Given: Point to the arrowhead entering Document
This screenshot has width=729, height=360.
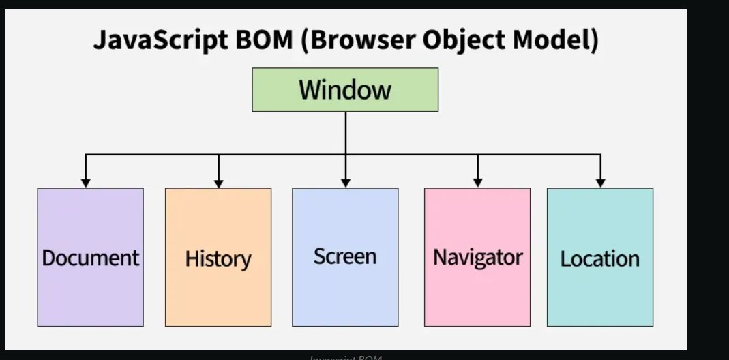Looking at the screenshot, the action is tap(85, 183).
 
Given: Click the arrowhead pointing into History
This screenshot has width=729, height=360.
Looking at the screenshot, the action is tap(218, 183).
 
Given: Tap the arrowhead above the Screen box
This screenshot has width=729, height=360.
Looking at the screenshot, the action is tap(345, 183).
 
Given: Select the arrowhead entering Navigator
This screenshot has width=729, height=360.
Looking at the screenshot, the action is tap(477, 183).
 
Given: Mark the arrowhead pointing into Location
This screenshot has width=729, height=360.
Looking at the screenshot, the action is tap(600, 183).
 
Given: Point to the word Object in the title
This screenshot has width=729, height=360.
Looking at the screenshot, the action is tap(443, 41).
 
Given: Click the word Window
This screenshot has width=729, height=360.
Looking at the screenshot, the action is tap(345, 89).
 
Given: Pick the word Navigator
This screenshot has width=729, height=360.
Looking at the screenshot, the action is tap(477, 258).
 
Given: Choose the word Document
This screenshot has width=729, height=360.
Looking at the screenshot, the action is tap(90, 258).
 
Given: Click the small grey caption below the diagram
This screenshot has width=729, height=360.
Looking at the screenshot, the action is tap(345, 357).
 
